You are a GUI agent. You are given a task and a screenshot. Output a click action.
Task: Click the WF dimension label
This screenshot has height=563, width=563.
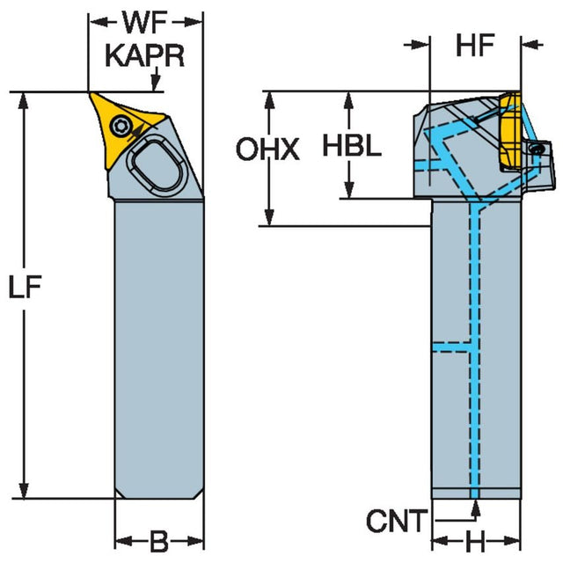tap(145, 19)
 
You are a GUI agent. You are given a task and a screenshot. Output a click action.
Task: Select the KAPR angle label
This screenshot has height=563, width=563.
tap(145, 56)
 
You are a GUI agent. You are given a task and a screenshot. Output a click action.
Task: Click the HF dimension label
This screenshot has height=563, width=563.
tap(475, 48)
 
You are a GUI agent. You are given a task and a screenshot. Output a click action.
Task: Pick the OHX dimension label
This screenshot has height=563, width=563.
tap(267, 150)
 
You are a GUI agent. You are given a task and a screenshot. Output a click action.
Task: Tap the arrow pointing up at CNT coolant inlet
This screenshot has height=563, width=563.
tap(476, 508)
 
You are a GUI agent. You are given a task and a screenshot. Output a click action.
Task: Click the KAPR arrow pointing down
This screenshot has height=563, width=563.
tap(157, 84)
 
